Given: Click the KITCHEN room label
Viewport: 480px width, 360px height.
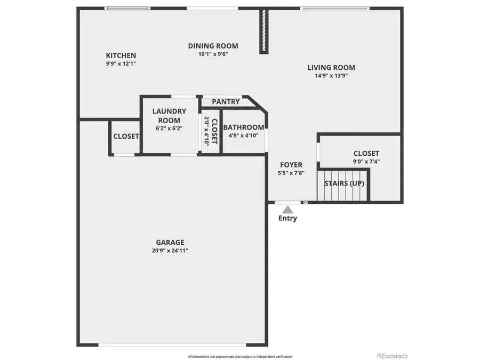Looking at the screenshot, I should tap(121, 55).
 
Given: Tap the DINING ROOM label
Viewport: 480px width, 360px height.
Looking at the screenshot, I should tap(213, 46).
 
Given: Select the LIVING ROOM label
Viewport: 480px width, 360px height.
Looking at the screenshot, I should tap(331, 68).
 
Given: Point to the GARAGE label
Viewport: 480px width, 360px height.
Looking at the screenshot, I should tap(170, 242).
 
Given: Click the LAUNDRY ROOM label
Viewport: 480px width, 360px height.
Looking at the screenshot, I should tap(169, 116).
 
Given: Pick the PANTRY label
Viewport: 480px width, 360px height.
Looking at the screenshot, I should tap(226, 102).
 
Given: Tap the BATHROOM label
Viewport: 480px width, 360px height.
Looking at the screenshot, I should tap(243, 127).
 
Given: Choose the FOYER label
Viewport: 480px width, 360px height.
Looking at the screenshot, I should tap(291, 165).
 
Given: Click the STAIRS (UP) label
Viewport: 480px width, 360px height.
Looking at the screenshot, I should tap(345, 183).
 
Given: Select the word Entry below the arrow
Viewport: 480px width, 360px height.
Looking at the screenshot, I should tap(288, 218).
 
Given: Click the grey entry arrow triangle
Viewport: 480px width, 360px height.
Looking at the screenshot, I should tap(287, 209).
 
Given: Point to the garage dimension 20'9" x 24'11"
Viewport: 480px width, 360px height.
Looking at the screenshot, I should tap(170, 251).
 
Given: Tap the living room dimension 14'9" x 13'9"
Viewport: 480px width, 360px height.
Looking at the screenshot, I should tap(331, 76).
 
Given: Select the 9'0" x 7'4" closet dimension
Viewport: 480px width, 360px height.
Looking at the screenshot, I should tap(366, 162).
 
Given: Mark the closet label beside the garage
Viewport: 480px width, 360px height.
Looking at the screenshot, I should tap(126, 137).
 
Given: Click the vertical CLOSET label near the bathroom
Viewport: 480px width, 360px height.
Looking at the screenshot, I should tap(211, 131).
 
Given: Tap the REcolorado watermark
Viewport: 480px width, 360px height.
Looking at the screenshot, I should tap(392, 356).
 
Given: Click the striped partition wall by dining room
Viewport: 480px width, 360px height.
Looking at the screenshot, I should tap(263, 31).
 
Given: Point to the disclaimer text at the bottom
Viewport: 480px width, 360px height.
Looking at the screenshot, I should tap(239, 356).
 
